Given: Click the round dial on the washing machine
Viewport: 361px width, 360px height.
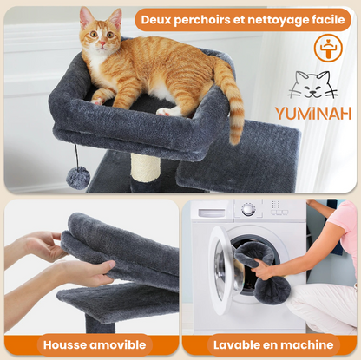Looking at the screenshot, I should coord(248,210).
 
